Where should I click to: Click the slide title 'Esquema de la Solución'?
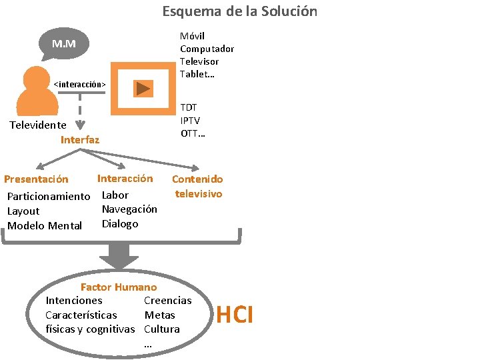pos(240,11)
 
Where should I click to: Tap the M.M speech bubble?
pos(64,44)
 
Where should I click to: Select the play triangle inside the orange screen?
pos(143,87)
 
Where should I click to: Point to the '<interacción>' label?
pos(80,84)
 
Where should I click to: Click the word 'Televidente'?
pos(37,125)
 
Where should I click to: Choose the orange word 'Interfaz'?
pos(80,139)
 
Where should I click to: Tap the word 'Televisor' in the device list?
pos(199,61)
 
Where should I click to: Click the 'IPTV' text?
pos(190,120)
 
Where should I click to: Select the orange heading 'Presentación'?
pos(36,179)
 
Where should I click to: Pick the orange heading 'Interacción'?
pos(125,178)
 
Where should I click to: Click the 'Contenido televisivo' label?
pos(198,186)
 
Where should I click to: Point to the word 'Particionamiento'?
pos(48,196)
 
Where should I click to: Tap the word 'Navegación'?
pos(129,209)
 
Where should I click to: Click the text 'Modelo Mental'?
pos(45,225)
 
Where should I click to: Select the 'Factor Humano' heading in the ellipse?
pos(119,287)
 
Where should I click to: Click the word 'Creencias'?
pos(167,301)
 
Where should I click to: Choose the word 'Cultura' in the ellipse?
pos(162,329)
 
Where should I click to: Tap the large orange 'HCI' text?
pos(235,315)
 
